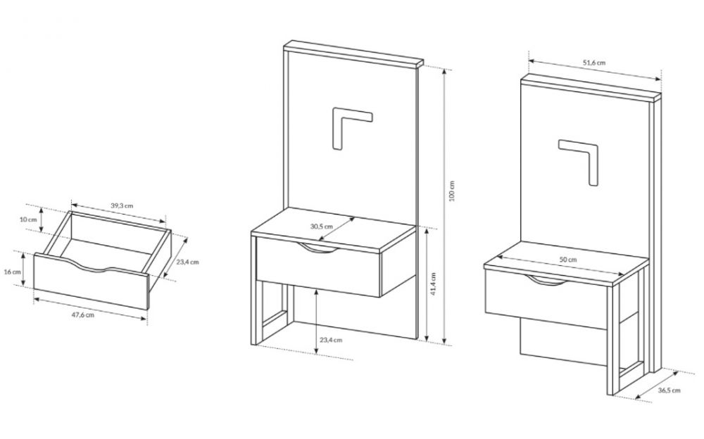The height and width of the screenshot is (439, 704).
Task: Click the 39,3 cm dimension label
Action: click(122, 205)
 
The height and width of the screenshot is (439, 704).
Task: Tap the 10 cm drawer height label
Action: click(28, 220)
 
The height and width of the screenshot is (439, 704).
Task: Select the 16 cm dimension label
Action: click(12, 272)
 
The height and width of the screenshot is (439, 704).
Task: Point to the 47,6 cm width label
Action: click(83, 314)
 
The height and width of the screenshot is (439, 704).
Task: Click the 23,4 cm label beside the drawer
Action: click(187, 262)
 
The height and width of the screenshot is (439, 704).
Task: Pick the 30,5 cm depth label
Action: click(322, 227)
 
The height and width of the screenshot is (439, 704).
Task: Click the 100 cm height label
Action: click(452, 191)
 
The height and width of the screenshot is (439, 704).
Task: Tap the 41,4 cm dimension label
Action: click(433, 284)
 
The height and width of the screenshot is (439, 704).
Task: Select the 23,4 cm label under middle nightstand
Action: click(331, 340)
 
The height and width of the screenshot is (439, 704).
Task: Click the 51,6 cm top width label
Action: click(594, 63)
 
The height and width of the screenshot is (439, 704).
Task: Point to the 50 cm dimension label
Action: click(568, 260)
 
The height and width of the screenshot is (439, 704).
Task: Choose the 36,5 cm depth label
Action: click(669, 390)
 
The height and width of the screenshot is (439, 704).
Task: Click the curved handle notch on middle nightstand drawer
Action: click(318, 248)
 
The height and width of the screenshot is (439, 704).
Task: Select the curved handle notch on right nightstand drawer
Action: click(547, 281)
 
